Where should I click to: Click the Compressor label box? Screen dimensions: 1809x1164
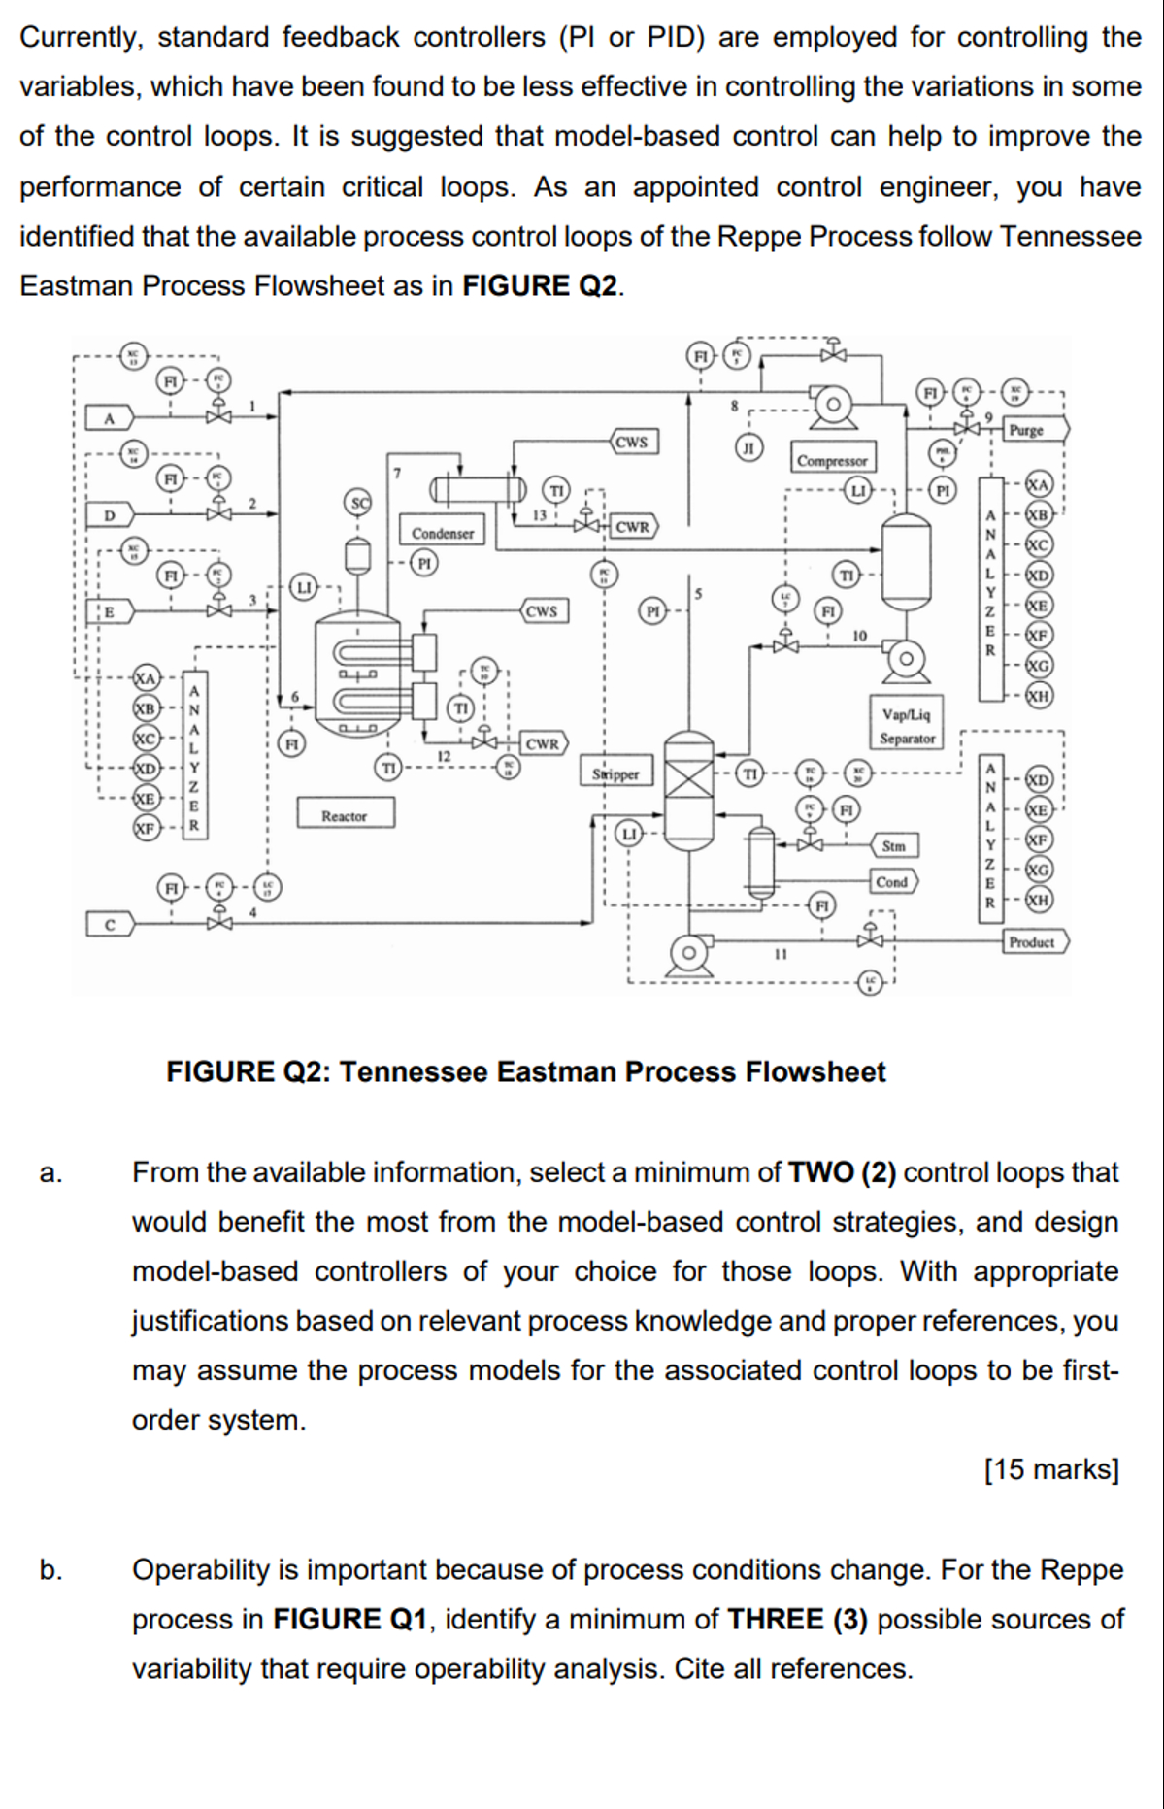[x=832, y=461]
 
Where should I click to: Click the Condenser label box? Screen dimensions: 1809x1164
[x=443, y=533]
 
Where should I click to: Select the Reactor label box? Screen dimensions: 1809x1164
[x=345, y=815]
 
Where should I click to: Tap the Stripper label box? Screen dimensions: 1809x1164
[x=615, y=773]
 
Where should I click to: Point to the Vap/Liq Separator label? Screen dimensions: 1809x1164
[x=907, y=726]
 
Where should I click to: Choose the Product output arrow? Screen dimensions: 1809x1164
[x=1036, y=941]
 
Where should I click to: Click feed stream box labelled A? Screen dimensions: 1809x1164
[x=109, y=418]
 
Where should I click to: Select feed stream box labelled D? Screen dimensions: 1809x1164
[x=109, y=513]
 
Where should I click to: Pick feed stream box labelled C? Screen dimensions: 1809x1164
[x=109, y=925]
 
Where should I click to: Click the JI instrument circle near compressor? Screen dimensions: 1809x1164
[x=748, y=447]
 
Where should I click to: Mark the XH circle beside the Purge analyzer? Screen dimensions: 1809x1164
[x=1039, y=695]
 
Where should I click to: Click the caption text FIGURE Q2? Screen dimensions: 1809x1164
[x=525, y=1071]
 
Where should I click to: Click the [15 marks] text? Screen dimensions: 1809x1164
[x=1050, y=1468]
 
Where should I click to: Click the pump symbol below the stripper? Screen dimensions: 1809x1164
[x=689, y=953]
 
